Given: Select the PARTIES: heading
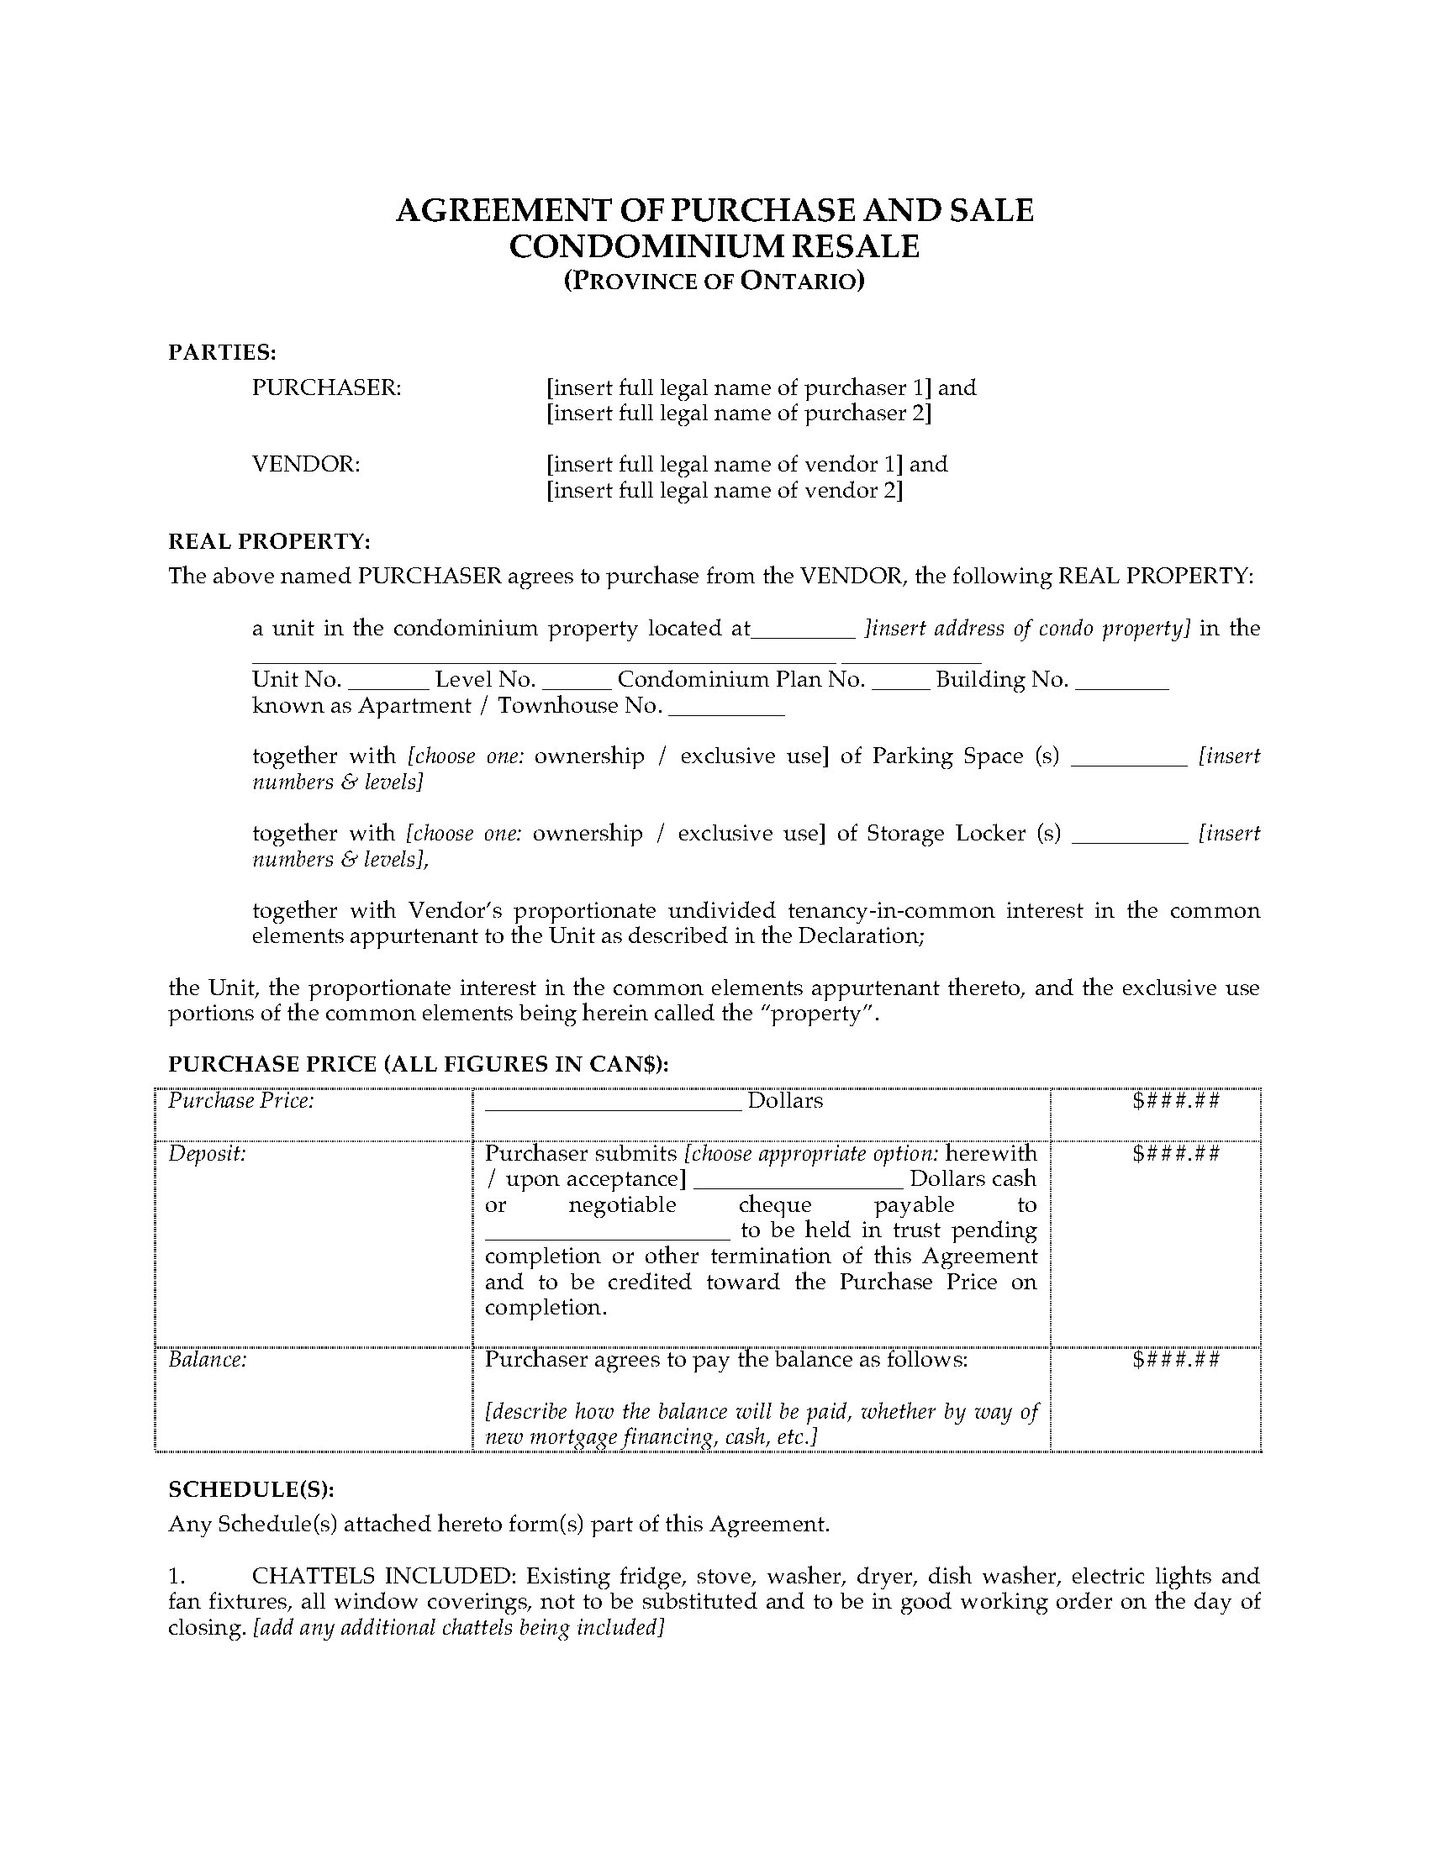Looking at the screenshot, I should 222,352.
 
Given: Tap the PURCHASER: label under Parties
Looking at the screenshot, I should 326,387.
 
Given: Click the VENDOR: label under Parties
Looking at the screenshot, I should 306,464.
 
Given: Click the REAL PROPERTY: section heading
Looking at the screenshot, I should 269,541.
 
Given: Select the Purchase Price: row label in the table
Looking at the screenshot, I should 241,1101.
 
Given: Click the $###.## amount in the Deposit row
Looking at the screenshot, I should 1176,1153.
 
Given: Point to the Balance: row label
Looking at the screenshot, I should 208,1360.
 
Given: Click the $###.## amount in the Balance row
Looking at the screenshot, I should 1176,1360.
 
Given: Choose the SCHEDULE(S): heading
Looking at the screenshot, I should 250,1489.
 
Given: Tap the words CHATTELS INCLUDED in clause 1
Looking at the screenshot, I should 383,1576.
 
